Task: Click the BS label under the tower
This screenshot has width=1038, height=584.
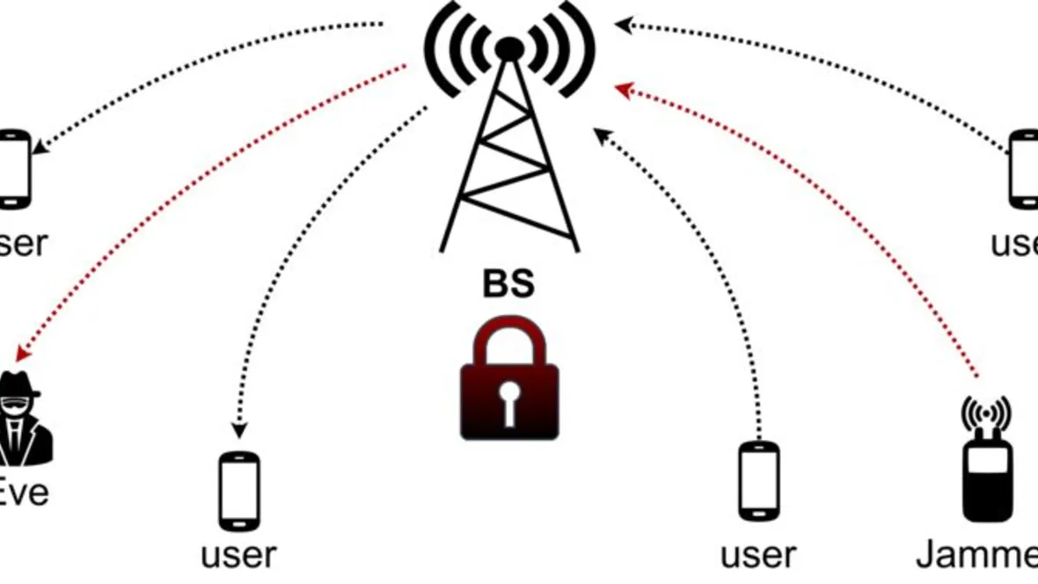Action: [508, 285]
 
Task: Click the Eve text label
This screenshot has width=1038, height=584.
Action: [24, 493]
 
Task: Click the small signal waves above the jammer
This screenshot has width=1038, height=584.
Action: [986, 410]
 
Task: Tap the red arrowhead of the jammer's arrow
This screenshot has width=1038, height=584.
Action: [624, 89]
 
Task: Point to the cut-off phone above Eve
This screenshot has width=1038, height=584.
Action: [15, 169]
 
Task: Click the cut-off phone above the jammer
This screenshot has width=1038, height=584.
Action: [1024, 169]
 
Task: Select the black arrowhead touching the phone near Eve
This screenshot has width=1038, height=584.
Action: [238, 431]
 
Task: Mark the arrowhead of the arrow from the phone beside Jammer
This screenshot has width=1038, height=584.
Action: [603, 135]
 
